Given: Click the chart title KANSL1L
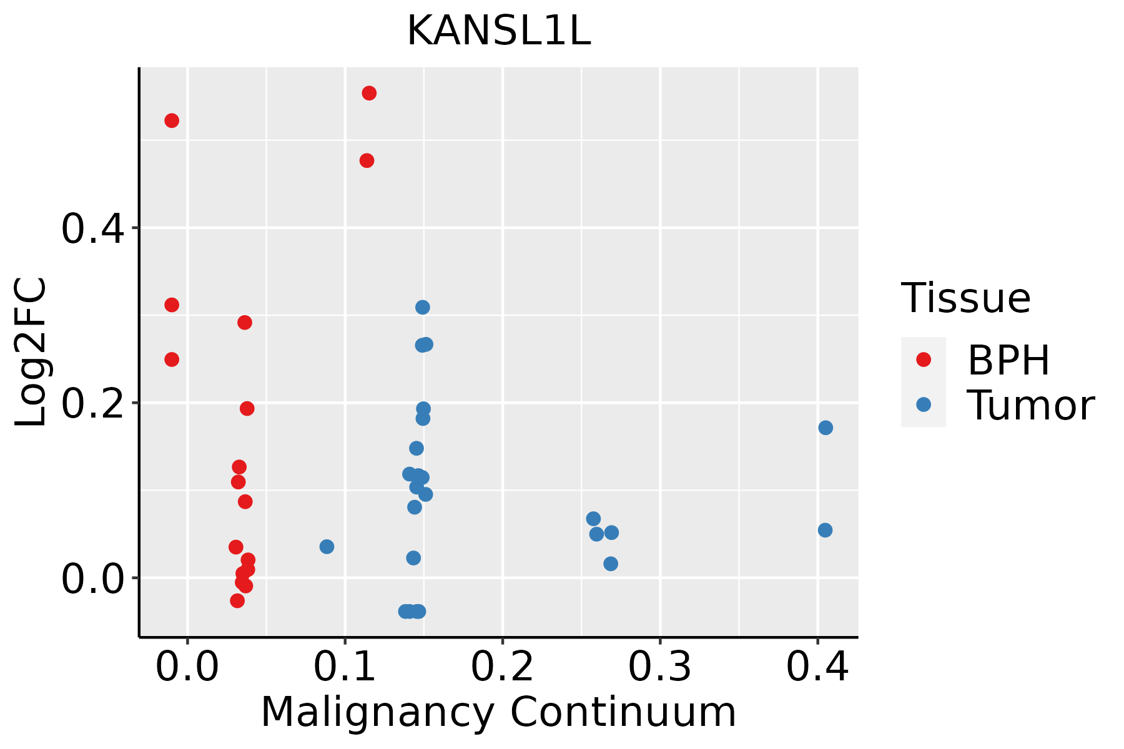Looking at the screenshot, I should [498, 31].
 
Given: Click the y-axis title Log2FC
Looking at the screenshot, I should [31, 353].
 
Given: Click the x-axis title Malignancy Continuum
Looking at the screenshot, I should [498, 712].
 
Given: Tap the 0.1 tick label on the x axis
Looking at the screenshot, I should [345, 667].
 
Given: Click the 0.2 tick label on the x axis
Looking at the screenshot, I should [502, 667].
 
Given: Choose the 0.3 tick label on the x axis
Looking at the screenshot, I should [659, 667].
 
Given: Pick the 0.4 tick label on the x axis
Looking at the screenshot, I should [817, 667].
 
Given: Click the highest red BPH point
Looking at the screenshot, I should [369, 94].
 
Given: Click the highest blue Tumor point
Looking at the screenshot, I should [423, 307].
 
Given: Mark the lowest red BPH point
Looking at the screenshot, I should [237, 600].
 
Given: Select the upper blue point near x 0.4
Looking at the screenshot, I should [826, 428].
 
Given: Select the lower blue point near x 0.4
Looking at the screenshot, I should [825, 530].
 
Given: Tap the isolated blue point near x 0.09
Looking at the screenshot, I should [327, 547].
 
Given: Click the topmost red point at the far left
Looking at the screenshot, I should [172, 120].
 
